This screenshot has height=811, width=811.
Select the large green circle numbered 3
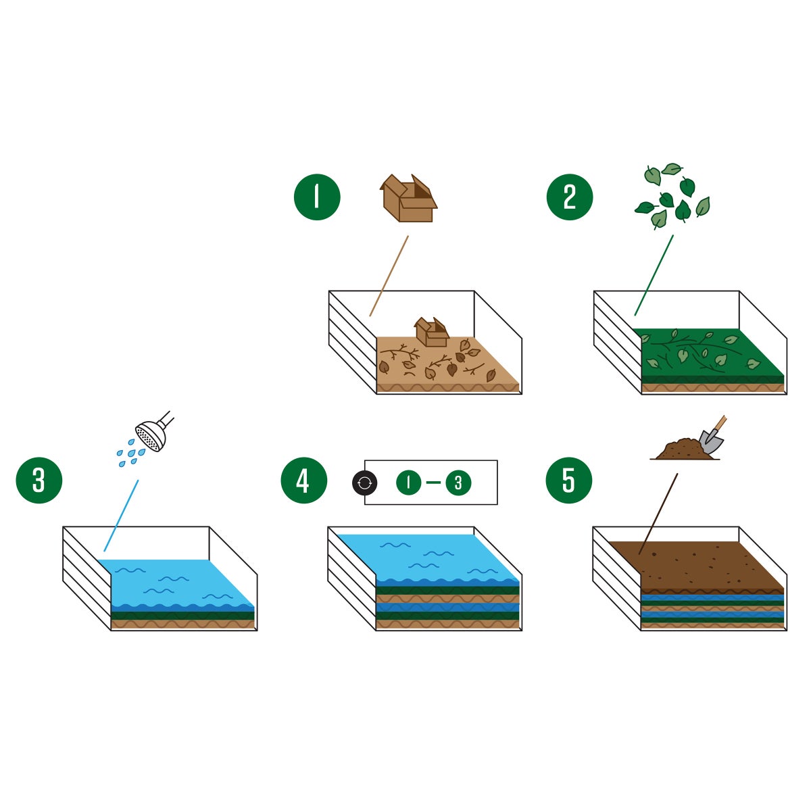(39, 481)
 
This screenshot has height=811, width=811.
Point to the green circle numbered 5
(569, 481)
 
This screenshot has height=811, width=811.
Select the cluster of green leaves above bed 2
(672, 195)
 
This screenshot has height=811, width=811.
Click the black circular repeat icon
(364, 483)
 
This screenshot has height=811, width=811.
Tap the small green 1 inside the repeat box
(409, 483)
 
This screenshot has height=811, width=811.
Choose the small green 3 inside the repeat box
(459, 483)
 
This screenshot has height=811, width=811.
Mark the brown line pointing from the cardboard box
(389, 275)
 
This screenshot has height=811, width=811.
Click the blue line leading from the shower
(121, 516)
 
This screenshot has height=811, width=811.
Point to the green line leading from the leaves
(654, 274)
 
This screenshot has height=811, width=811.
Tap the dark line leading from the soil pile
(658, 514)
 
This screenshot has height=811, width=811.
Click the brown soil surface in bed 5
(696, 564)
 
